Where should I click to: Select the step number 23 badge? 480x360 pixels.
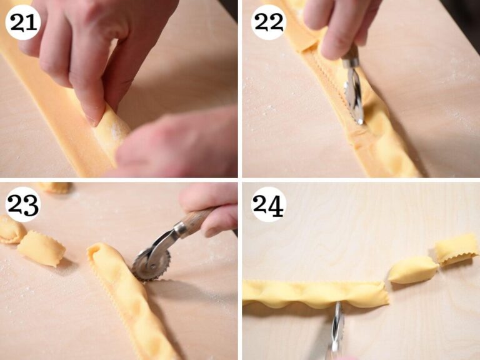(x=22, y=204)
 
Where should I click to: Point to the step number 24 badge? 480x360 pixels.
(x=268, y=204)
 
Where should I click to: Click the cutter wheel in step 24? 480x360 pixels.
(x=337, y=325)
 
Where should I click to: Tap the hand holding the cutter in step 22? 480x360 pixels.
(x=341, y=25)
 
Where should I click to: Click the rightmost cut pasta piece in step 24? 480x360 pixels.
(x=456, y=248)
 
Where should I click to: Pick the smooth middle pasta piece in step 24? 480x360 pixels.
(x=412, y=270)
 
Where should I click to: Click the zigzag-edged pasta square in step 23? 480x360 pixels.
(x=41, y=249)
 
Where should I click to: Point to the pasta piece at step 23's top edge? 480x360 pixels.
(x=53, y=186)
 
